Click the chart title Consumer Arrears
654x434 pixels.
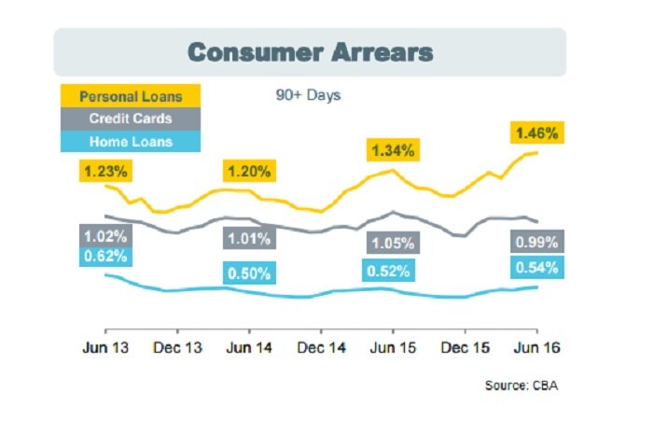pyautogui.click(x=310, y=52)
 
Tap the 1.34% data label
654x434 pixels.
pyautogui.click(x=393, y=150)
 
